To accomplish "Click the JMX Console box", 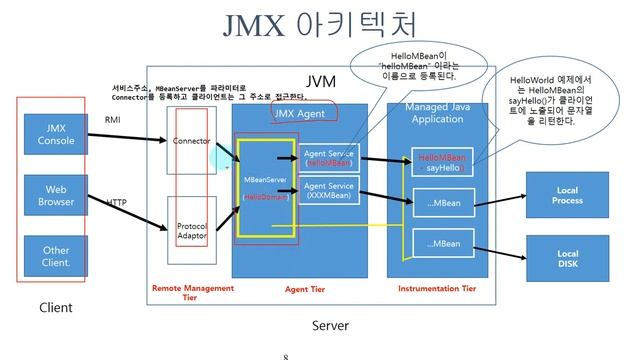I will click(55, 134).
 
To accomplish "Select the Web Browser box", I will click(55, 194).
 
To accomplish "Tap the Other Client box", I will click(55, 256).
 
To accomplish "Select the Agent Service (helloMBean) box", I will click(328, 157).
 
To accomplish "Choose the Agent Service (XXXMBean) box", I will click(328, 191).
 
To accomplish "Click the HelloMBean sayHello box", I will click(441, 163).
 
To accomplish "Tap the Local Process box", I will click(566, 194).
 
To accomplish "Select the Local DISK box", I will click(566, 259).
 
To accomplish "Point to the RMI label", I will click(112, 119).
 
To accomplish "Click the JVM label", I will click(320, 80).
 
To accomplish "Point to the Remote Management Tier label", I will click(192, 292).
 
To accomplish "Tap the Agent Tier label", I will click(305, 289).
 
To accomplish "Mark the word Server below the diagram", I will click(330, 326).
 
